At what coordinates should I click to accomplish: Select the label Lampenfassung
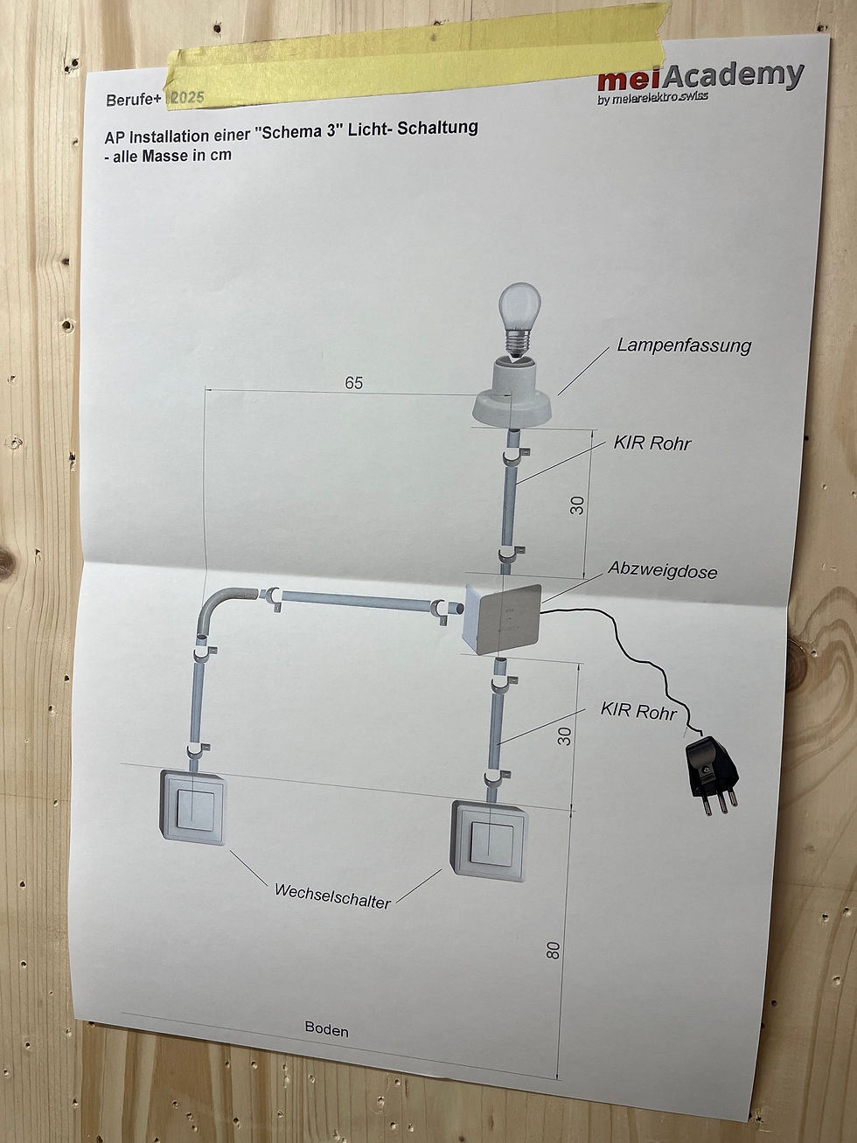tap(683, 345)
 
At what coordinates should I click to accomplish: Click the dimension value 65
tap(353, 383)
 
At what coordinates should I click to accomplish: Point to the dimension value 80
tap(553, 950)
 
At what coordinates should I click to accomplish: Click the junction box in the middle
tap(501, 618)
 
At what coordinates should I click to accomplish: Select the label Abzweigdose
tap(662, 571)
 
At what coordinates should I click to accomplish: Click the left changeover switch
tap(192, 805)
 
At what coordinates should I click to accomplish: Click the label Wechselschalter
tap(332, 896)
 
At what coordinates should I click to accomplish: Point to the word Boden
tap(326, 1030)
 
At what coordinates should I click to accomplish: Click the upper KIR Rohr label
tap(652, 443)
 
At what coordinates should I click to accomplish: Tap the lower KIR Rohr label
tap(638, 711)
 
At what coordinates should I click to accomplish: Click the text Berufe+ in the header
tap(134, 100)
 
